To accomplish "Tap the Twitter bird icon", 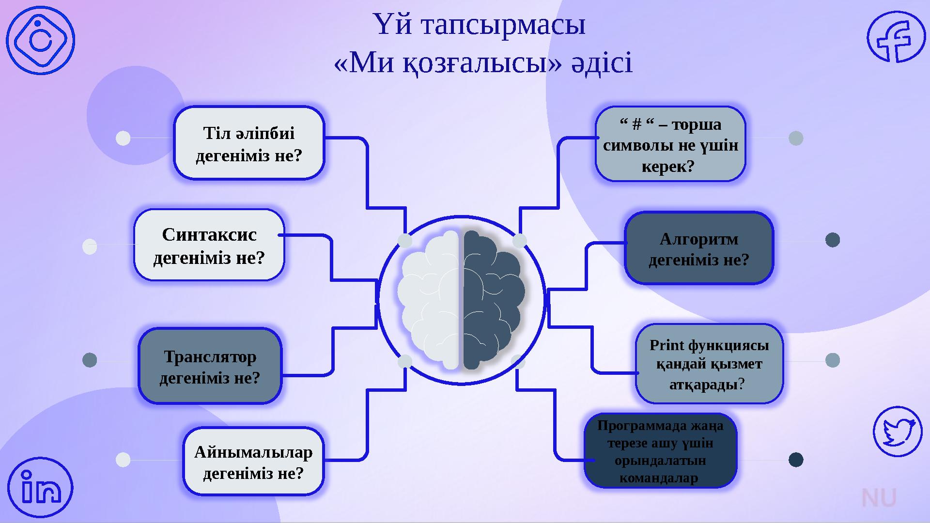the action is [898, 431].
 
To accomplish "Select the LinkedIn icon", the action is [41, 487].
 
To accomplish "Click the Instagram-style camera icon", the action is [41, 40].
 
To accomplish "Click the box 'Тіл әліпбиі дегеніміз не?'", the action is [249, 143].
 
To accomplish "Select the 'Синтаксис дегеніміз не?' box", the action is [209, 245].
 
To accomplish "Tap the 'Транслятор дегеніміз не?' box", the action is [210, 366].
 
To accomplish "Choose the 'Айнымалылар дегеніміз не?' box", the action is [253, 461].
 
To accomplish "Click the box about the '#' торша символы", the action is [670, 144].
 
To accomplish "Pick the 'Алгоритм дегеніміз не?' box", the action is [699, 248].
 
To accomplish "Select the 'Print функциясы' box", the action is [709, 364].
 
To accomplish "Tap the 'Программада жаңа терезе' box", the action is [660, 451].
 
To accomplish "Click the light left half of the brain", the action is [428, 300].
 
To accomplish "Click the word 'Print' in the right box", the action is [667, 345].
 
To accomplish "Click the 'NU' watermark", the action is [879, 498].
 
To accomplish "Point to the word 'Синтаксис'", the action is [209, 235].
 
